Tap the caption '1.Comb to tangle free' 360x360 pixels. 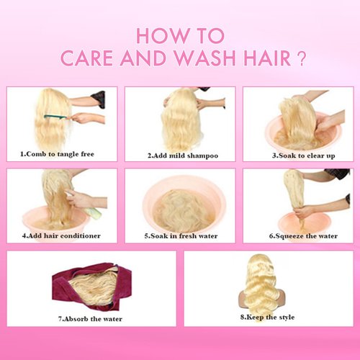57,153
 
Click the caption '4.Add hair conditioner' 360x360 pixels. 60,235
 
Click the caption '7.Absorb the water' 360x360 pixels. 90,318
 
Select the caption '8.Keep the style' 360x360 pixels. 269,317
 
